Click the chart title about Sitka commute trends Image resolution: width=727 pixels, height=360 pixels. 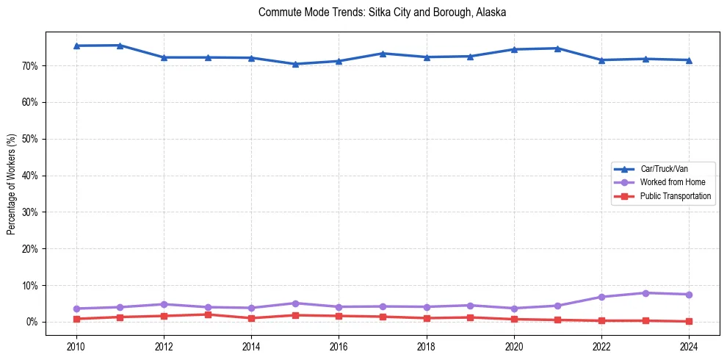383,12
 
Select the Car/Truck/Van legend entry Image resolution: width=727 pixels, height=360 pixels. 664,169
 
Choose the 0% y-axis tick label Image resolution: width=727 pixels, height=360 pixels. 32,322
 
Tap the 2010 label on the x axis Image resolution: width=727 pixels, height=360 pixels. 76,345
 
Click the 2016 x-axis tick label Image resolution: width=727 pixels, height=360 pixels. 339,345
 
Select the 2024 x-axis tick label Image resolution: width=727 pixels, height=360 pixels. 689,345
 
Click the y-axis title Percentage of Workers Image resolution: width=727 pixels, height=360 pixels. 12,184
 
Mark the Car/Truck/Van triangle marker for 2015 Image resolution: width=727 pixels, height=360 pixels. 295,64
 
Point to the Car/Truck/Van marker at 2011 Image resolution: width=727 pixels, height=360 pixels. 120,45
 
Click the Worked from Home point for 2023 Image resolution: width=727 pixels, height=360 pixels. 645,293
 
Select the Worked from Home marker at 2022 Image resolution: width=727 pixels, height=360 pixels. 601,297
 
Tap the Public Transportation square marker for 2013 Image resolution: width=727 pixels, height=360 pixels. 208,314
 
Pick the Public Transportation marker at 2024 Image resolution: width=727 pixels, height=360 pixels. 689,321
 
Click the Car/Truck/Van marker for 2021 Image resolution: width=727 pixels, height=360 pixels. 557,48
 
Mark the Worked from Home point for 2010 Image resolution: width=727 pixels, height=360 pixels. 76,309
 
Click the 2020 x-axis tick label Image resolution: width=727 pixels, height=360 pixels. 514,345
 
